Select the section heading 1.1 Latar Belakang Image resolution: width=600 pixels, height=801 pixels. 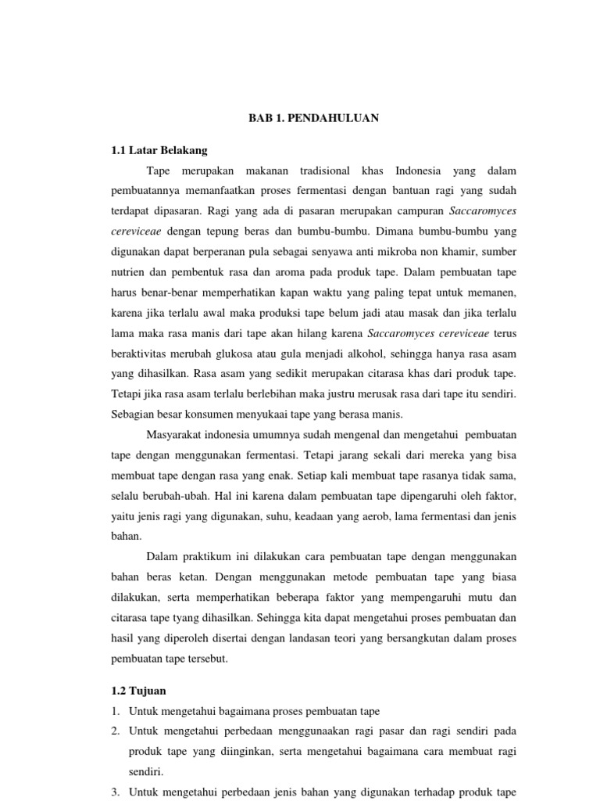click(x=159, y=150)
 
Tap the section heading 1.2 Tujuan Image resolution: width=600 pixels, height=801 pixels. click(x=137, y=691)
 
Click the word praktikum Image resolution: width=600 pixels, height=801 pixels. click(x=210, y=556)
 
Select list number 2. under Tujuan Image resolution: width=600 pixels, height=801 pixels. click(x=115, y=731)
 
